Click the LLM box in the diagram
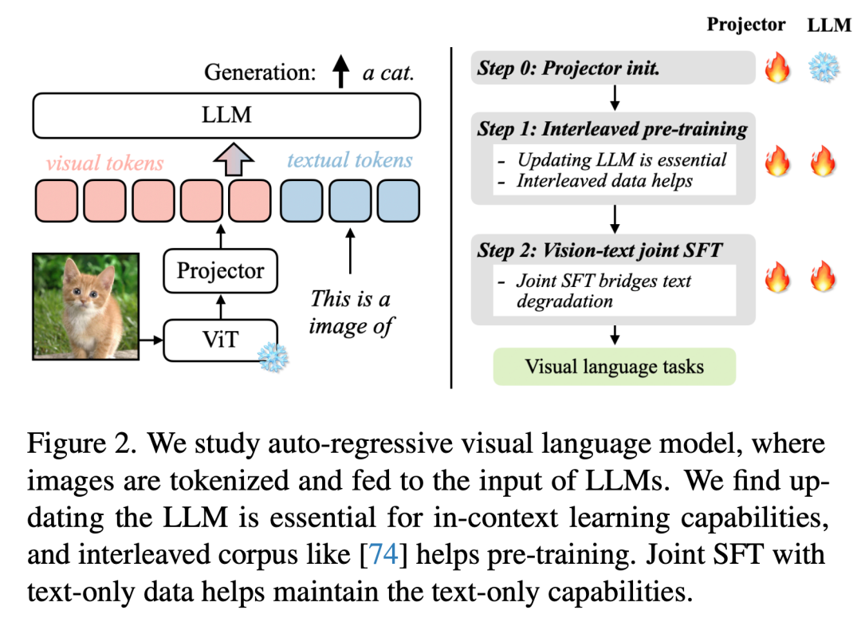click(x=226, y=115)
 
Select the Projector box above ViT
click(x=220, y=270)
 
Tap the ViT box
click(x=220, y=340)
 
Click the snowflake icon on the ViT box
click(x=273, y=357)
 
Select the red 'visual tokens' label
click(x=104, y=163)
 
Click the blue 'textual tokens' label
click(x=350, y=159)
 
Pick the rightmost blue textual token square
click(x=398, y=201)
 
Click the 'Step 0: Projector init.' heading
click(x=568, y=68)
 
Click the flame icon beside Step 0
click(x=776, y=69)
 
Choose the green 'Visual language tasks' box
click(x=615, y=367)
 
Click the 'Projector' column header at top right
click(x=746, y=24)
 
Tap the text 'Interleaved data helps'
click(x=604, y=180)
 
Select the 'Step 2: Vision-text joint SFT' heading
click(x=600, y=250)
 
